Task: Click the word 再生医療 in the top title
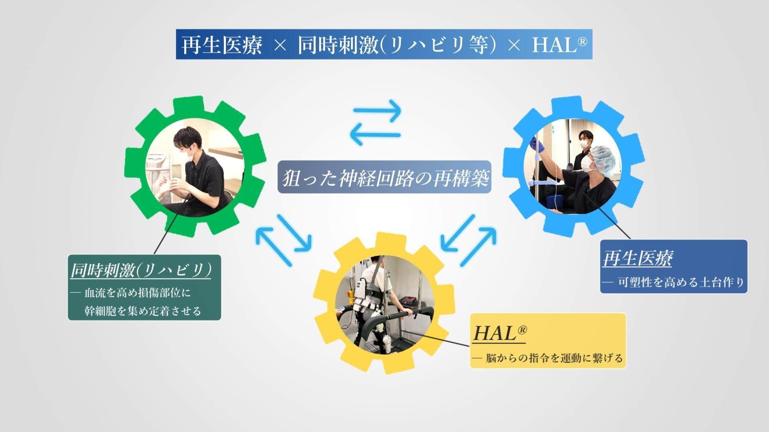221,45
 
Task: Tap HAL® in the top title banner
559,45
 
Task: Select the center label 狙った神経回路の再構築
384,178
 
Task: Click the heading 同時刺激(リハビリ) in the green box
141,271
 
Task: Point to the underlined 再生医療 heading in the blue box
637,258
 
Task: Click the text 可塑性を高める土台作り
681,282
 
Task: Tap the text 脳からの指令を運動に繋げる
555,358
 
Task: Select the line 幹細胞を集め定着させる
143,311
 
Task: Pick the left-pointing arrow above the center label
375,135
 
